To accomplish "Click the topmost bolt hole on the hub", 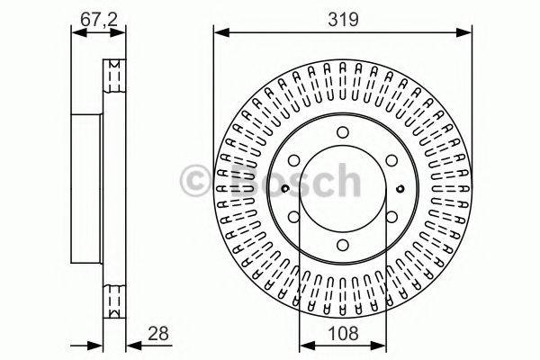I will [x=343, y=133].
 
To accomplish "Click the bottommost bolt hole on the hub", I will [x=343, y=245].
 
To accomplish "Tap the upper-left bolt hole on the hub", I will [x=294, y=161].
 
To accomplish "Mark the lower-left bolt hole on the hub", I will [x=294, y=217].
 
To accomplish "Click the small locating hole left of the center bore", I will [x=284, y=189].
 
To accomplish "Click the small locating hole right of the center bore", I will [x=401, y=189].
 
